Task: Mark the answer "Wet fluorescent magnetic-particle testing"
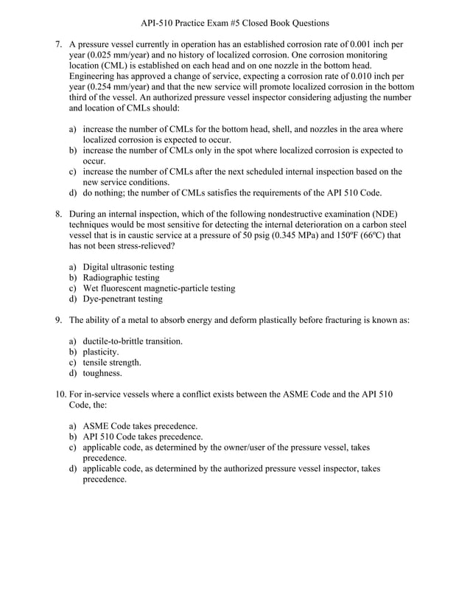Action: click(x=158, y=288)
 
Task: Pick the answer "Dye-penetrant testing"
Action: click(x=122, y=299)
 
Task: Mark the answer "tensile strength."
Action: click(x=112, y=363)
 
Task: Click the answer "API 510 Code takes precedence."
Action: click(x=143, y=436)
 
